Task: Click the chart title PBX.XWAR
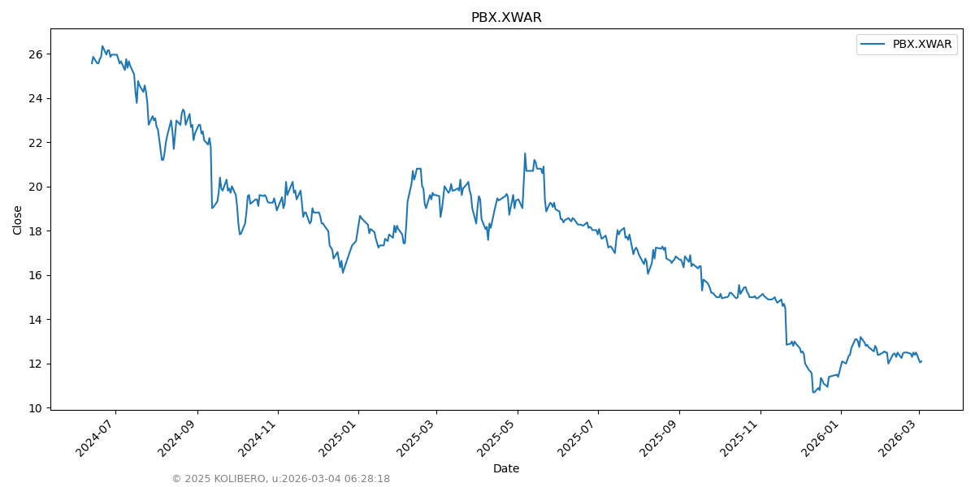click(506, 18)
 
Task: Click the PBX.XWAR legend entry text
click(922, 45)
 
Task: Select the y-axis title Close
click(18, 220)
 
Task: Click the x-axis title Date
click(506, 468)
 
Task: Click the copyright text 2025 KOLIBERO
click(219, 479)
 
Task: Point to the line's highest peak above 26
click(102, 46)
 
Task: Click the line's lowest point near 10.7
click(813, 392)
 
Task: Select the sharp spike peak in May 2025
click(525, 153)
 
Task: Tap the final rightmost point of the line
click(921, 361)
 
